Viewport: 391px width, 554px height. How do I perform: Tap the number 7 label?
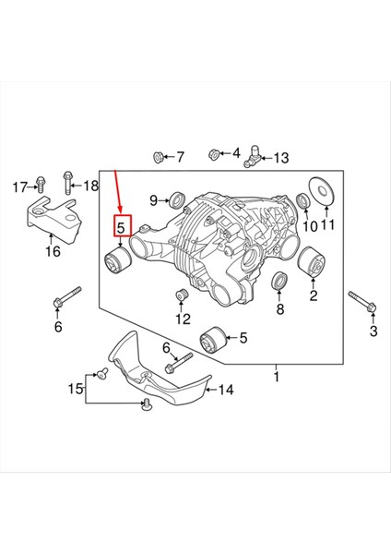point(180,157)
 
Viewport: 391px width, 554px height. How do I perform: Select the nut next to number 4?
point(213,152)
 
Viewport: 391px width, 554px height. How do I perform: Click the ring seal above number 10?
point(304,200)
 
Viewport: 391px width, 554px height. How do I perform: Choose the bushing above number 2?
point(313,266)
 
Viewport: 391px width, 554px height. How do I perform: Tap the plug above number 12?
point(182,296)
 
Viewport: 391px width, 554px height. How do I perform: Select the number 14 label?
point(226,390)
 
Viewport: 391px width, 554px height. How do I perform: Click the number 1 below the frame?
point(276,377)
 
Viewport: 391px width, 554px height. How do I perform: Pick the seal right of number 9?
point(177,199)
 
